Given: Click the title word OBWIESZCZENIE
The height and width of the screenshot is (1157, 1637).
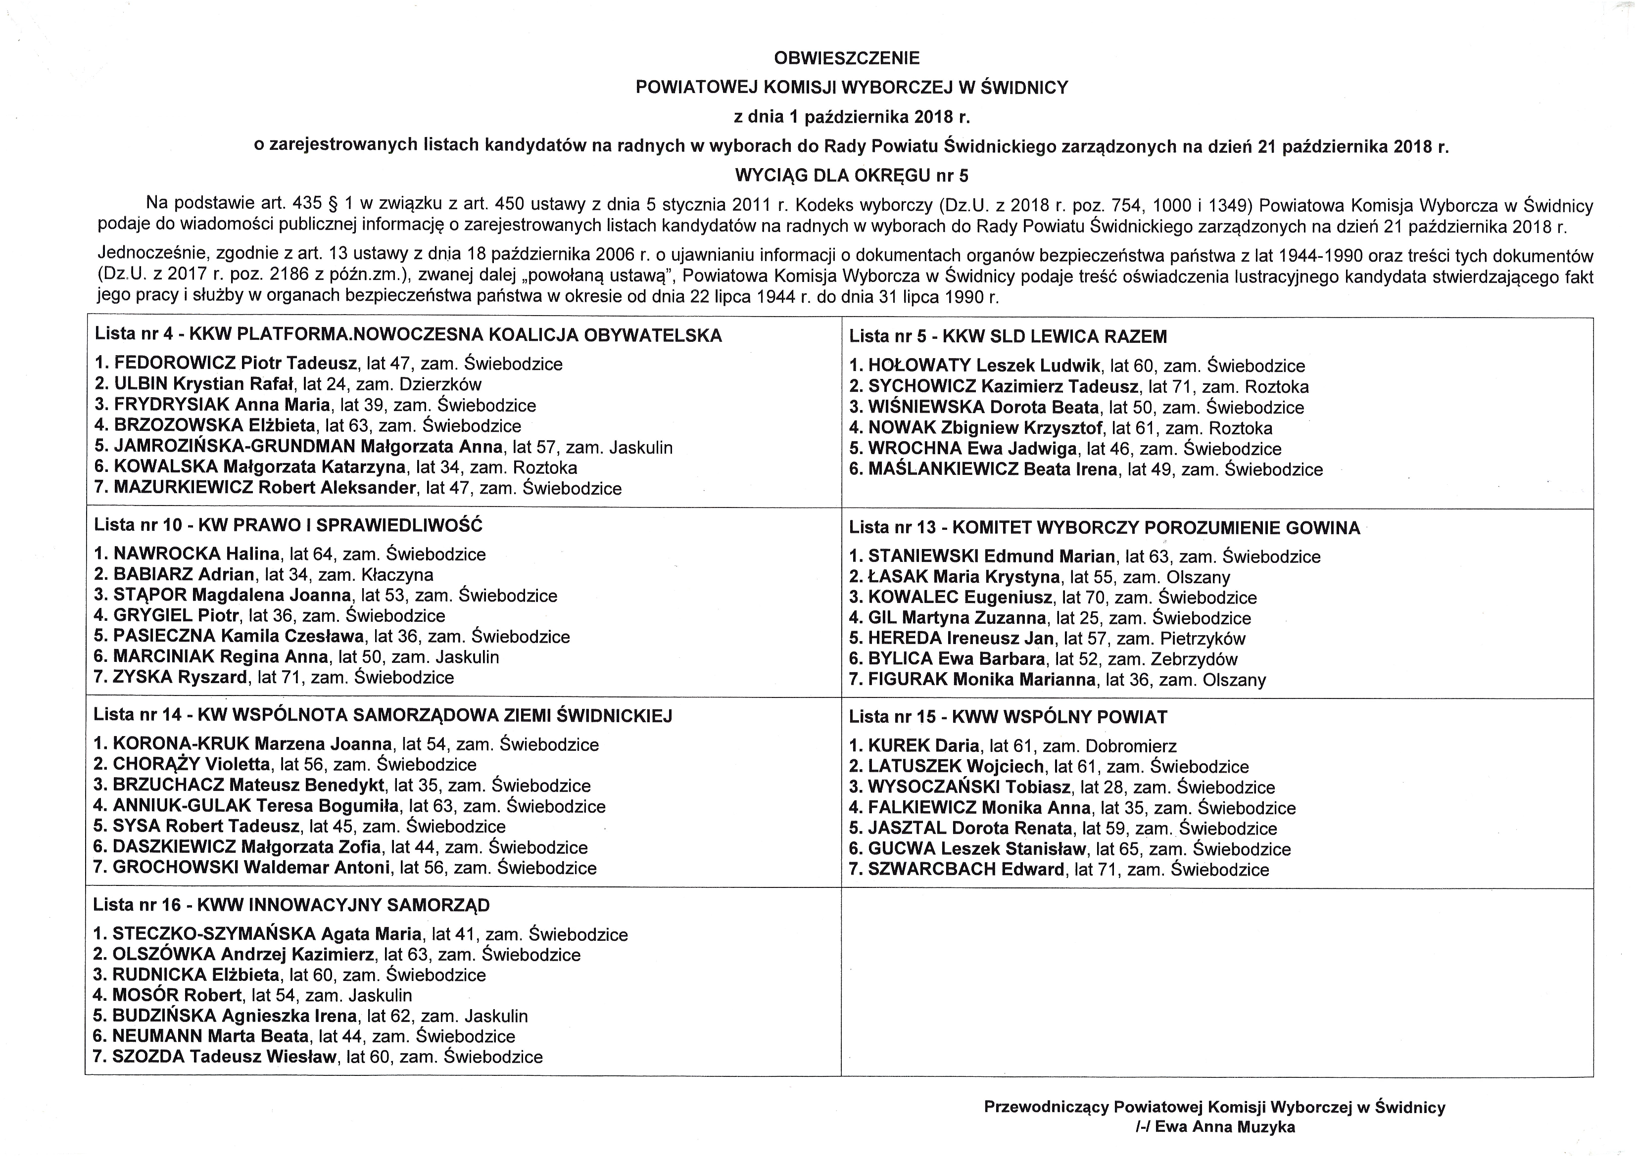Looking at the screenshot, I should point(846,58).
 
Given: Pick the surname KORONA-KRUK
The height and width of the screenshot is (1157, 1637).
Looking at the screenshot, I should point(181,744).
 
